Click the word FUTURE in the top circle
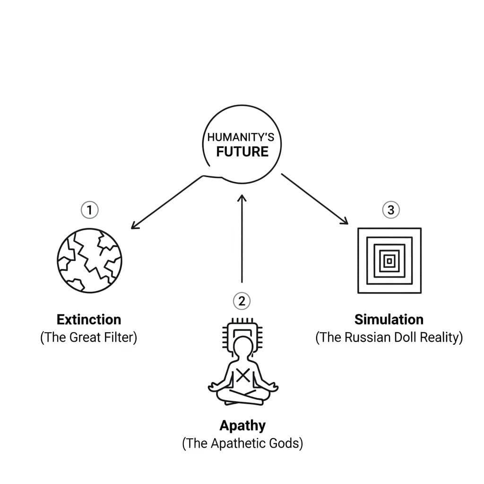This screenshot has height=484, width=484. [242, 151]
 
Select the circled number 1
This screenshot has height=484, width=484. [90, 209]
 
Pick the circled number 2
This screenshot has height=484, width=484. [242, 300]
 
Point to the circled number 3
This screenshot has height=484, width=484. [390, 209]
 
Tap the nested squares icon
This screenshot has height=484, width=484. [389, 260]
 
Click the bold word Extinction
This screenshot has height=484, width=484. [89, 320]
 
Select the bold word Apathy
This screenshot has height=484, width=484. [242, 425]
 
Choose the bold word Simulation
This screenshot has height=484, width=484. [389, 320]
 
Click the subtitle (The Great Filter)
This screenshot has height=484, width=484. [89, 338]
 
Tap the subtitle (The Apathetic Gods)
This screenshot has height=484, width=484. [242, 444]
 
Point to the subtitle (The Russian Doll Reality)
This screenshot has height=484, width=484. [389, 338]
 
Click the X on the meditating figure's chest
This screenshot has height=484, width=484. [242, 375]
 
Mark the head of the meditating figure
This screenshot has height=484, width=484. [242, 345]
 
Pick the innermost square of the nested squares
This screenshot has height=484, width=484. [389, 260]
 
